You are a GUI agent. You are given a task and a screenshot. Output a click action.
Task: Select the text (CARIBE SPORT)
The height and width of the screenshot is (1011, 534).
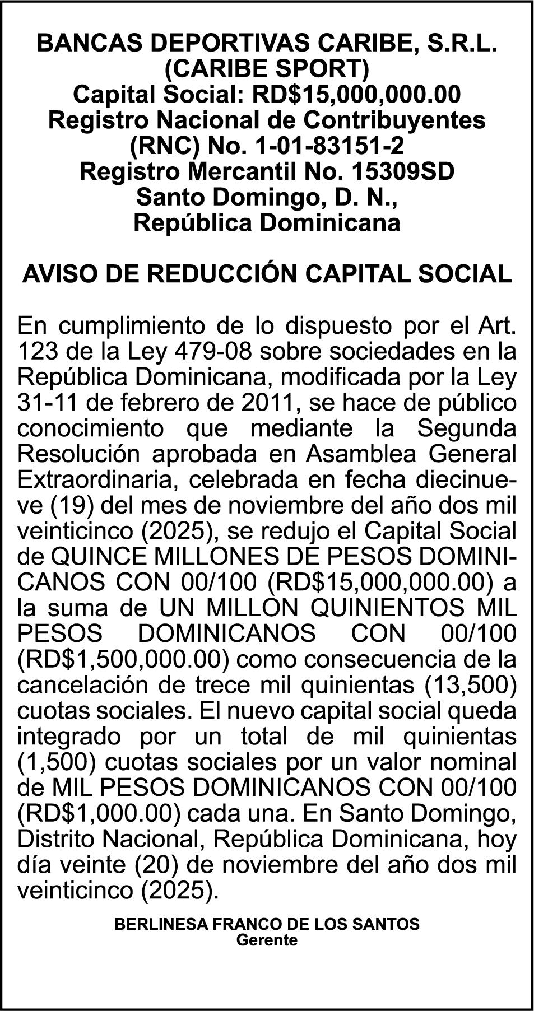click(x=267, y=69)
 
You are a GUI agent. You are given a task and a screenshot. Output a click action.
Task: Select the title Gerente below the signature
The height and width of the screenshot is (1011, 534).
click(x=267, y=939)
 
